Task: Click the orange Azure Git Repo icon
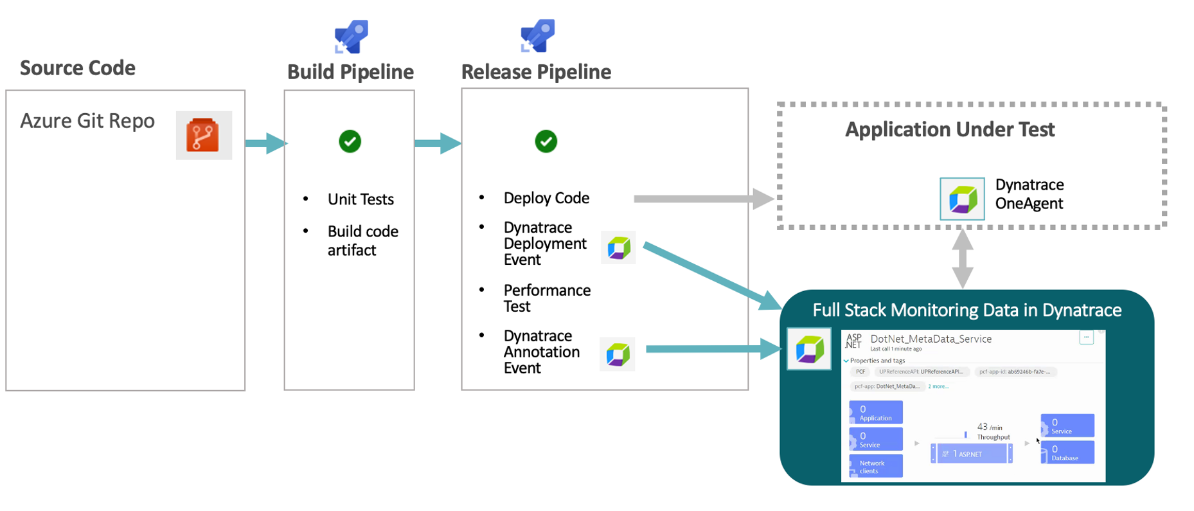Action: coord(204,136)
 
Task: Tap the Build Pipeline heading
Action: coord(350,72)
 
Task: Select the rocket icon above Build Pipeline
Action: coord(351,37)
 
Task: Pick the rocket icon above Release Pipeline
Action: coord(537,36)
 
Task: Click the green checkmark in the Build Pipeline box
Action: coord(350,141)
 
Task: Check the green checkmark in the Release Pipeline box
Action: coord(546,141)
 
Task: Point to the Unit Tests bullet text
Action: coord(361,199)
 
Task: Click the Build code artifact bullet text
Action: coord(362,240)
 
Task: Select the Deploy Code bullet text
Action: coord(546,198)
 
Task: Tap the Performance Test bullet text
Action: coord(547,298)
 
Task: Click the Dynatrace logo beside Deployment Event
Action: coord(618,247)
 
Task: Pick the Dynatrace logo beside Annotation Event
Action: coord(618,354)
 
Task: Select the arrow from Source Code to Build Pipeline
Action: coord(265,143)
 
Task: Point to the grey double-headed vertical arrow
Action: coord(962,258)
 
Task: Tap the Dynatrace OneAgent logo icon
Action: coord(962,199)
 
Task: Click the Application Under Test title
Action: coord(949,130)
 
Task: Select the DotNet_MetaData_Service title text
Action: coord(931,339)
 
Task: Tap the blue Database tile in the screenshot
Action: coord(1067,453)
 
